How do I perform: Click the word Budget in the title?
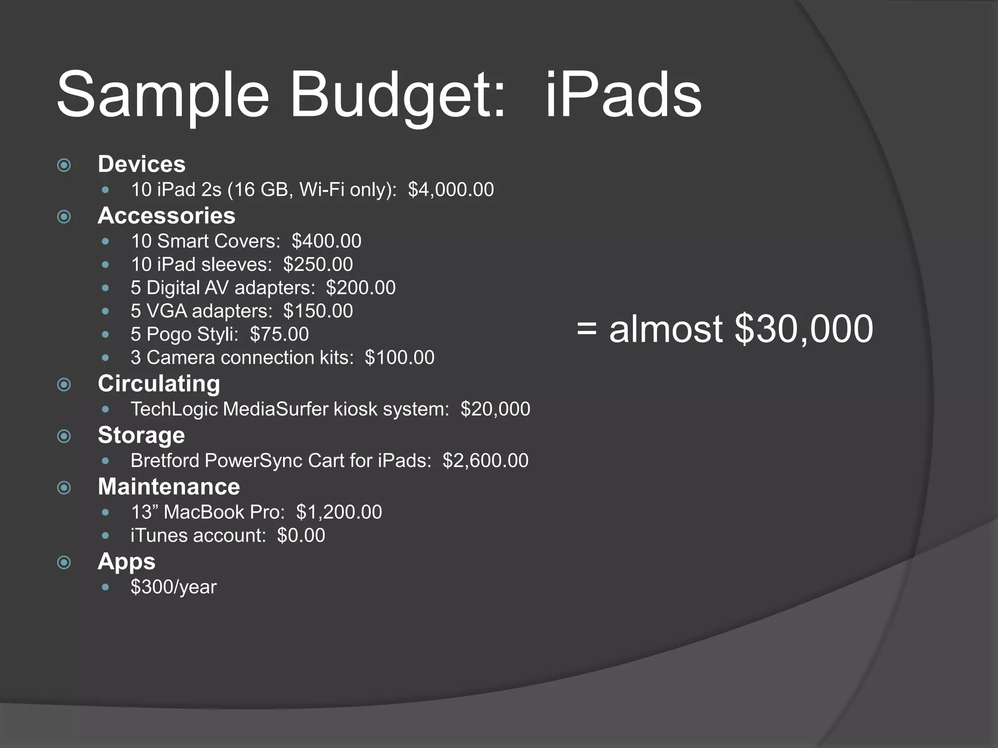coord(398,94)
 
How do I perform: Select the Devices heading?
coord(141,164)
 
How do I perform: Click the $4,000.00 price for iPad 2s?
coord(451,189)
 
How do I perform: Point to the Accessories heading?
coord(166,216)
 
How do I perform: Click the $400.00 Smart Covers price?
coord(326,241)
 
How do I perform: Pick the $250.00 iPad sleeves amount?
coord(318,264)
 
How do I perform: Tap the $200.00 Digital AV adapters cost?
coord(361,288)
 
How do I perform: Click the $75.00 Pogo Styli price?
coord(279,335)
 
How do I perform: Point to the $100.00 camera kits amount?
coord(400,358)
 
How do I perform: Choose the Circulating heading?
coord(159,384)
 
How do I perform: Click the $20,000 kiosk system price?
coord(495,409)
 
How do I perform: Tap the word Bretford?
coord(165,461)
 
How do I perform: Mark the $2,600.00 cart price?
coord(485,461)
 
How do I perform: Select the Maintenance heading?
coord(169,487)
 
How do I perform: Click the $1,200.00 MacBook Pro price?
coord(339,512)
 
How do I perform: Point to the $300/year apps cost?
coord(173,587)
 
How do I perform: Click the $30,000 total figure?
coord(804,329)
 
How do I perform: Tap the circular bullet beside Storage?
coord(64,436)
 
